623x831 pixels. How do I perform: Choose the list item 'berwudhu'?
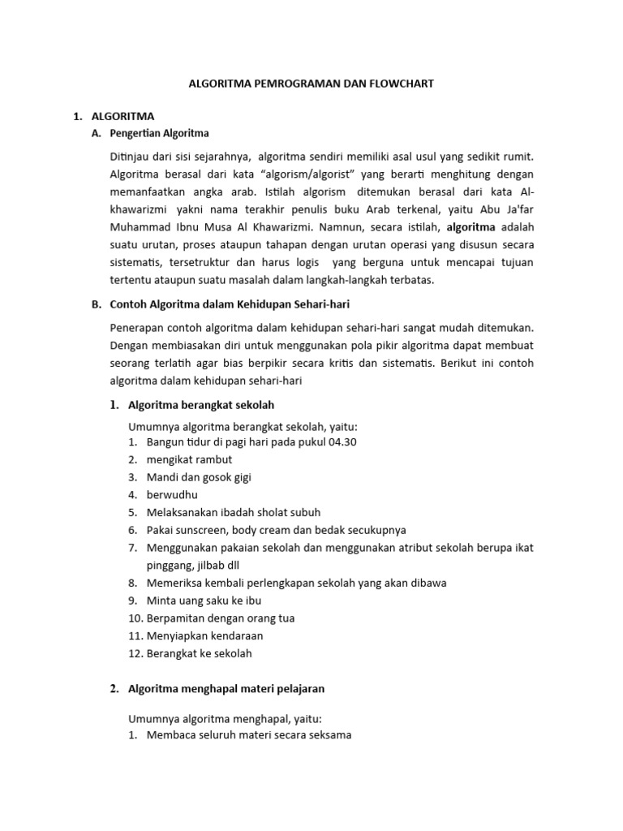tap(172, 494)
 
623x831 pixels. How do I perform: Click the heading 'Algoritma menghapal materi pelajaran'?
tap(226, 689)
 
